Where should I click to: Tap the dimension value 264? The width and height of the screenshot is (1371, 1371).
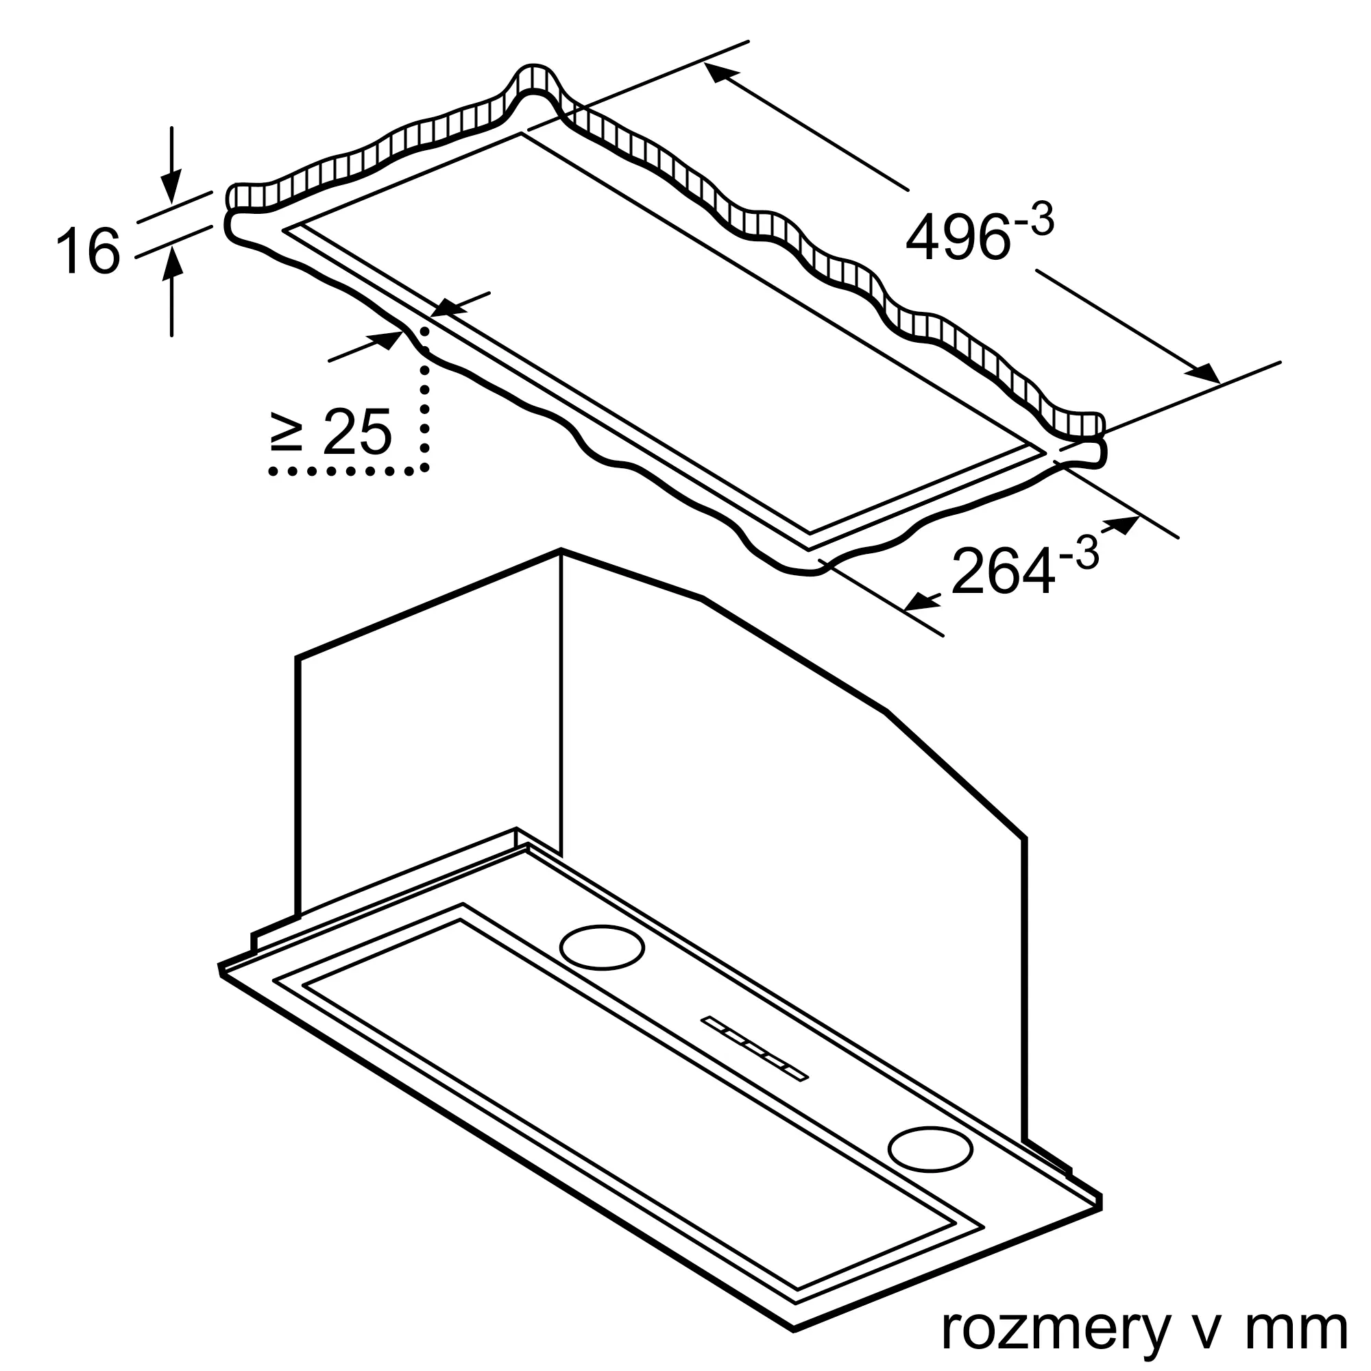click(1002, 570)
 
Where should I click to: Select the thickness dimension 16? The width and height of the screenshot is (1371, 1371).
click(87, 250)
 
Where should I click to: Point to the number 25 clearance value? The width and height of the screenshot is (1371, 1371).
click(356, 430)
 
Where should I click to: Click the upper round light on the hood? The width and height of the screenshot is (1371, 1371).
click(602, 947)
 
